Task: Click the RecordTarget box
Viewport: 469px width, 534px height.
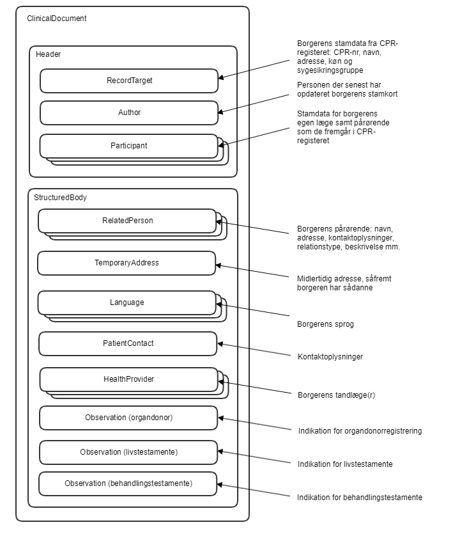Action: pos(129,81)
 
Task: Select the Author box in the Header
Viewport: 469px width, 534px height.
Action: pos(129,113)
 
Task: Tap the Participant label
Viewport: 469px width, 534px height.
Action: pos(129,146)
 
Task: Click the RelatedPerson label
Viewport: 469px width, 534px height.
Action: pos(128,221)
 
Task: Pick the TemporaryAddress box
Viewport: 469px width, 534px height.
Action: pos(127,263)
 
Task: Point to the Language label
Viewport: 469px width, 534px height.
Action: pos(127,302)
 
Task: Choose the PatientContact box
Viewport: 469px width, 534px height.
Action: pos(128,343)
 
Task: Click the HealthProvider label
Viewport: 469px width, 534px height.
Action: pos(128,379)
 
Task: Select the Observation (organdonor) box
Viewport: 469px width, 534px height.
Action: pos(129,418)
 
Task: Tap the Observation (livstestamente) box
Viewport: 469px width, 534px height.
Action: pos(129,452)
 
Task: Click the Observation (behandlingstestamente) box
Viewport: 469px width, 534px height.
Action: pos(128,483)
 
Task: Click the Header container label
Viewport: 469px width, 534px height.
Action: pos(49,54)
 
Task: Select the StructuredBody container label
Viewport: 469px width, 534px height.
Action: pos(61,198)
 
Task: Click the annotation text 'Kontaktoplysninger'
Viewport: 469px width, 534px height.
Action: pos(330,357)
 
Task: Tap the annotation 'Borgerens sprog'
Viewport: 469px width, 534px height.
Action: pos(325,324)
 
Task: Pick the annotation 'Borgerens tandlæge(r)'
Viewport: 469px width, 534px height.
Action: pos(336,395)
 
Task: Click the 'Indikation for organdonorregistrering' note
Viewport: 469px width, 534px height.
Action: pos(360,431)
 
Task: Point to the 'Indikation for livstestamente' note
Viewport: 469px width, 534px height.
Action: pos(345,464)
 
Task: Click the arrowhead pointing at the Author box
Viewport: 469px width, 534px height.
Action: pos(221,113)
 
